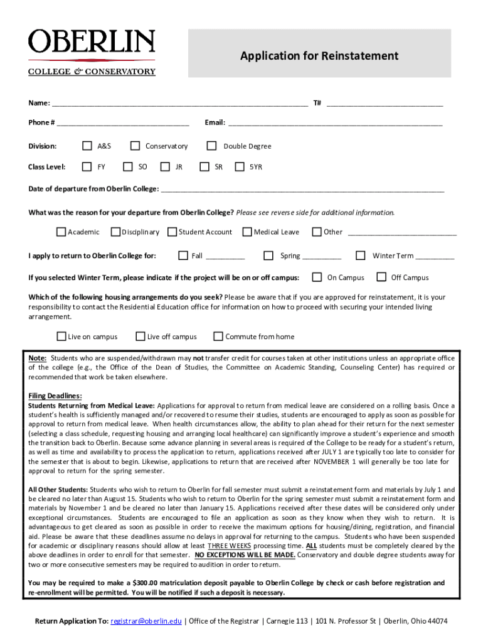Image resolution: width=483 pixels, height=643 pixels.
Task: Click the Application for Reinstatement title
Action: click(319, 56)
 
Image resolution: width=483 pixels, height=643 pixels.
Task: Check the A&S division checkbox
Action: click(87, 146)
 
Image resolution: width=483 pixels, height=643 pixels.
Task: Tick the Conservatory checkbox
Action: click(135, 146)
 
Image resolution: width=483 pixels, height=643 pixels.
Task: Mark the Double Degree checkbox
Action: click(211, 146)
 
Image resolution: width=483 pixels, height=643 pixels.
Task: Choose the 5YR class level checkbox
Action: click(239, 167)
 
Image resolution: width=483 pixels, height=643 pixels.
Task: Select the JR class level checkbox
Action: click(165, 167)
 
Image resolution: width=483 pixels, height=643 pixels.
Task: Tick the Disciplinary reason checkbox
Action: click(115, 232)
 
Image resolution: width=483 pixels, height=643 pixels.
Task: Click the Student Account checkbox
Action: click(172, 232)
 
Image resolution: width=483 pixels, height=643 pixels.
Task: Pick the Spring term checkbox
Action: click(268, 256)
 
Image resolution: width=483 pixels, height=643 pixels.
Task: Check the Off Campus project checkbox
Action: click(381, 278)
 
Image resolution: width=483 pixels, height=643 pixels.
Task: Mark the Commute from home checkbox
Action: click(218, 337)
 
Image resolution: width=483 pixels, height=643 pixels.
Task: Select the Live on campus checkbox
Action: click(61, 337)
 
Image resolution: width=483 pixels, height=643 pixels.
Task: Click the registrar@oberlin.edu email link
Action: click(146, 622)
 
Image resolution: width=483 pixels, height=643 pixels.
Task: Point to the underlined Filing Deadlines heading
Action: click(55, 396)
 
